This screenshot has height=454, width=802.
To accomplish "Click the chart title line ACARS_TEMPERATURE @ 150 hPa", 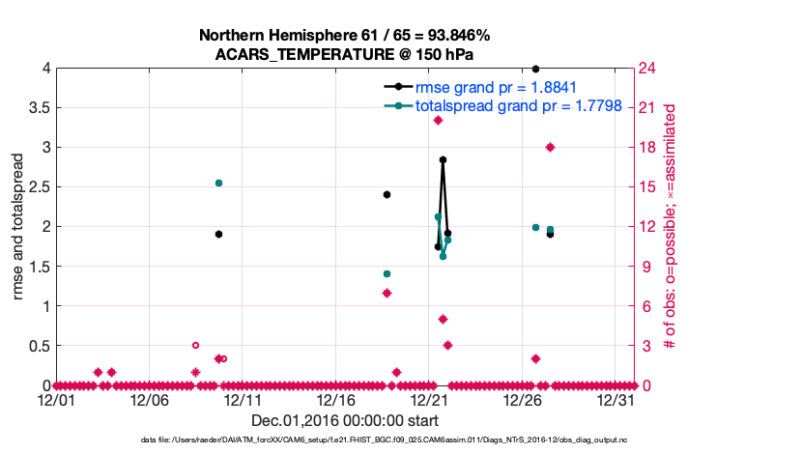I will pos(345,54).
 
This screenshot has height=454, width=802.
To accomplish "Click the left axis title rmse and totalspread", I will pos(18,227).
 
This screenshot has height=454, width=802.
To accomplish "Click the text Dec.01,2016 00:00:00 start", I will pos(345,420).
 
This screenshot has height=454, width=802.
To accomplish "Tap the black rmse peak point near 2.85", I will pos(443,159).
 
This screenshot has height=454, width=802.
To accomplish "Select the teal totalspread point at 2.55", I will pos(218,183).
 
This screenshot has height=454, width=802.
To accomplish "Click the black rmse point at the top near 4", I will pos(535,69).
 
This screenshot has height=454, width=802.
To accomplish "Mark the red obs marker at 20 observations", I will pos(438,120).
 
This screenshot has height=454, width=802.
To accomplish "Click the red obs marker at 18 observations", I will pos(550,147).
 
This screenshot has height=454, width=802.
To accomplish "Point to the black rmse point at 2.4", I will pos(387,194).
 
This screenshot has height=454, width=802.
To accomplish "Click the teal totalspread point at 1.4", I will pos(387,274).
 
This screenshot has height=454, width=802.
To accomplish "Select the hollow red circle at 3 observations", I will pos(195,345).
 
